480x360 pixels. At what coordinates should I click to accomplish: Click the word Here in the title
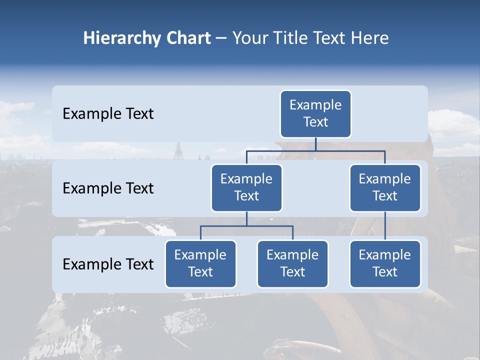click(368, 38)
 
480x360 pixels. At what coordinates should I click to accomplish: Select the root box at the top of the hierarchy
click(315, 113)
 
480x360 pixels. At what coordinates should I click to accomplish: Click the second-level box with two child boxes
click(246, 187)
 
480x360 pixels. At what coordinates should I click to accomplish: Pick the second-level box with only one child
click(385, 187)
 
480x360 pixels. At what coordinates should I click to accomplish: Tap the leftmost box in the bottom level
click(200, 263)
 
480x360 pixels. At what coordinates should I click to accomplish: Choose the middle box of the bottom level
click(292, 263)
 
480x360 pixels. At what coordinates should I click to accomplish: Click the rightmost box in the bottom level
click(385, 263)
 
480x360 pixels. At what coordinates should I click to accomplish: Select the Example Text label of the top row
click(108, 114)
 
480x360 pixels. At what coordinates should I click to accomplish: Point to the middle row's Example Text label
click(108, 188)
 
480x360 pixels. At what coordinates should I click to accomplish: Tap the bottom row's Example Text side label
click(108, 264)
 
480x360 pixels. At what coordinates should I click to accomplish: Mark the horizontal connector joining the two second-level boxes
click(315, 150)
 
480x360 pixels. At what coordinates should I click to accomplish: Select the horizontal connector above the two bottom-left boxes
click(246, 226)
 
